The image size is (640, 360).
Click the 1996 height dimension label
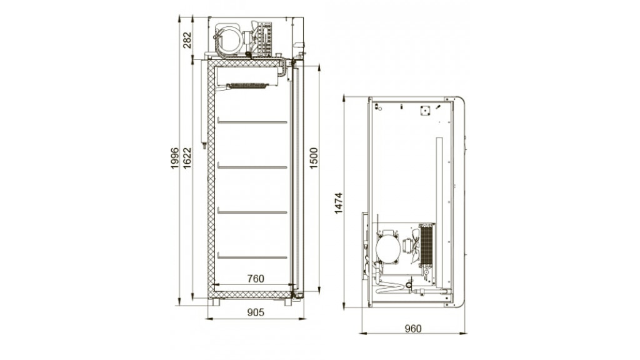[x=175, y=158]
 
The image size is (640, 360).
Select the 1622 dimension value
[x=187, y=158]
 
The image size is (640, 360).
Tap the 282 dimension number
[x=187, y=40]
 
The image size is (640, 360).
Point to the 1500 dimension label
[x=314, y=158]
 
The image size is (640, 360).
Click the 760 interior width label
[x=256, y=278]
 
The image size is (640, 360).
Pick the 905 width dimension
[x=256, y=312]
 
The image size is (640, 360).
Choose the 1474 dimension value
[x=338, y=203]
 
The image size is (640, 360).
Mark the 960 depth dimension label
[x=412, y=328]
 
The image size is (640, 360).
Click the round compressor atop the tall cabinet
[x=229, y=39]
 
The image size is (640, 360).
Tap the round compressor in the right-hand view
[x=387, y=249]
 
